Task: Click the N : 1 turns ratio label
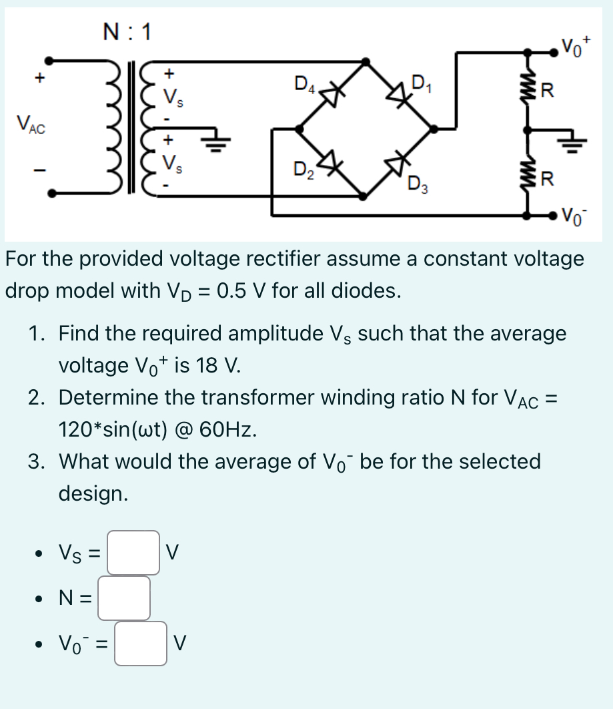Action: pos(127,31)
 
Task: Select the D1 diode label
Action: pos(422,84)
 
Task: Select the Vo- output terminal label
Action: pos(574,216)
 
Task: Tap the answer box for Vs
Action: pos(133,552)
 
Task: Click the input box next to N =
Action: pos(124,598)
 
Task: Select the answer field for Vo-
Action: pos(140,644)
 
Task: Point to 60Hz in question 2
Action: pos(230,429)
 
